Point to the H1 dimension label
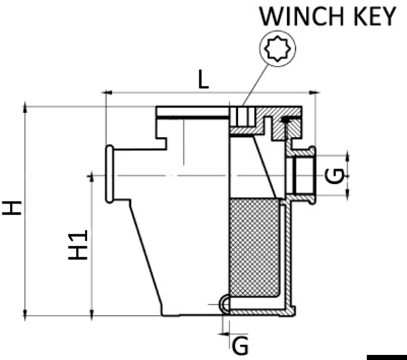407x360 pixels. (x=79, y=245)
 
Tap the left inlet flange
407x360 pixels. (x=109, y=173)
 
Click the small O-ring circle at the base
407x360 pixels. (x=225, y=304)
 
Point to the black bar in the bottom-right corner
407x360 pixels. (x=386, y=356)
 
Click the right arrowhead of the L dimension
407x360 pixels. (x=316, y=93)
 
